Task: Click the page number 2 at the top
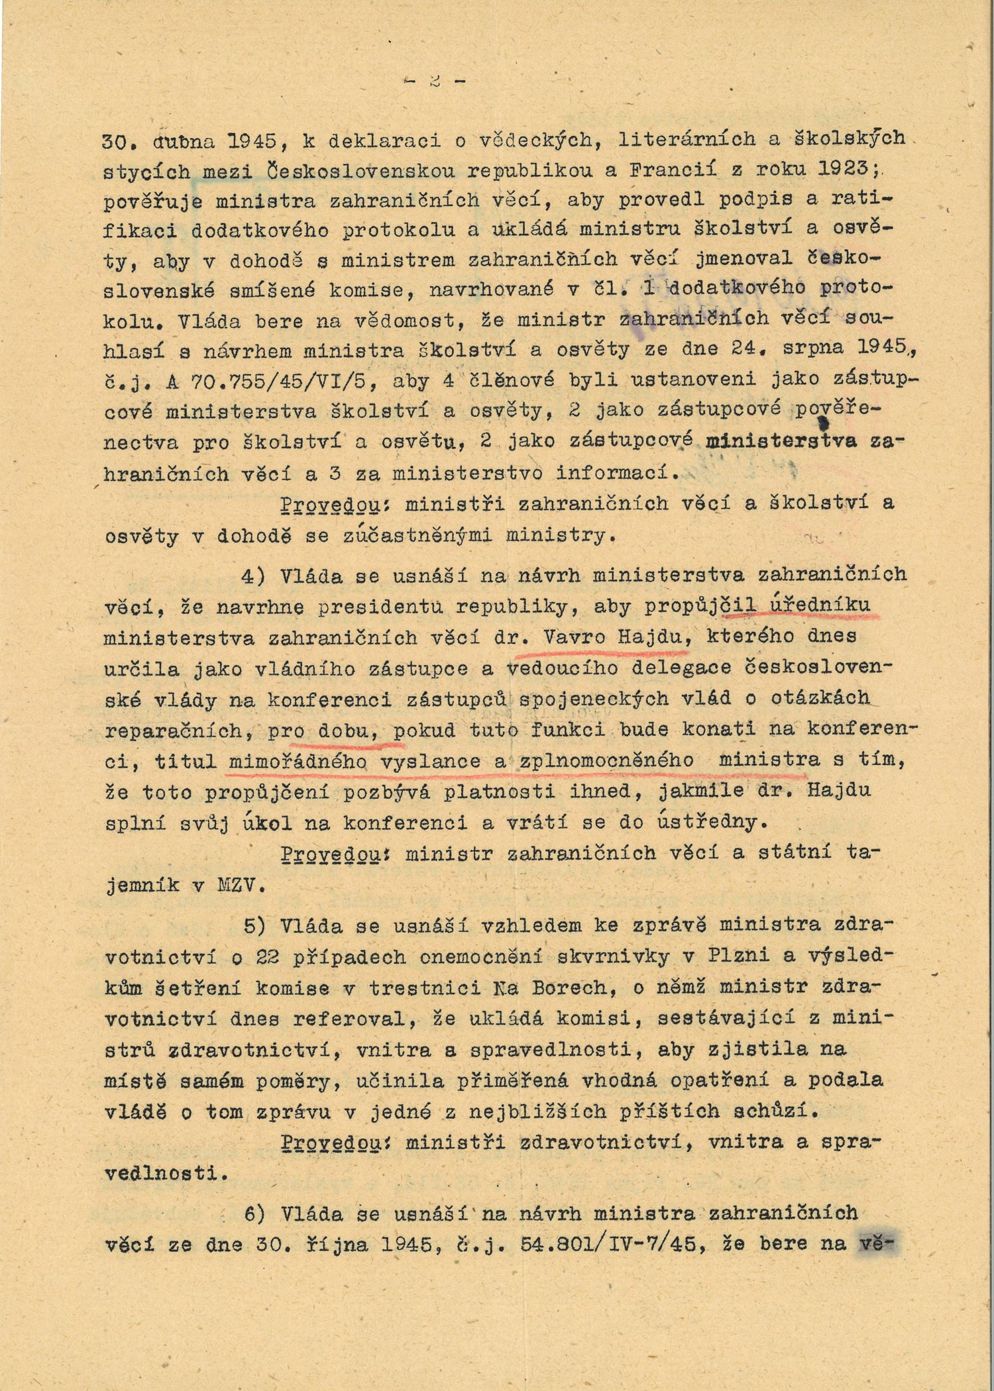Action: (x=435, y=81)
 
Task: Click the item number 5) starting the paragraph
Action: (x=256, y=925)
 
